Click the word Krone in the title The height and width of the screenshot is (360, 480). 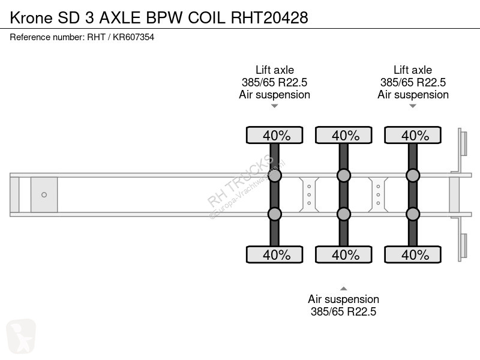coord(31,17)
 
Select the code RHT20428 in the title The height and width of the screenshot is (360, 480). coord(269,17)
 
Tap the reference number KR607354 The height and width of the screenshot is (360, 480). coord(133,37)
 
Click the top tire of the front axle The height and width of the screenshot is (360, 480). coord(275,135)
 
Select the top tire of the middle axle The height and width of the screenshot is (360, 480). coord(343,135)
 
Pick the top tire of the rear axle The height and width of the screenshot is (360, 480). coord(413,135)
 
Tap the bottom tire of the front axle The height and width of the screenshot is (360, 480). coord(275,254)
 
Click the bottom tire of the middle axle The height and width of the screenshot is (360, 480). coord(343,254)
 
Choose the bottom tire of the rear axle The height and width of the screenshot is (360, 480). coord(413,254)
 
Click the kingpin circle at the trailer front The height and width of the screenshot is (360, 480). coord(44,194)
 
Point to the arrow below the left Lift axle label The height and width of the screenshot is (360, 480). coord(275,106)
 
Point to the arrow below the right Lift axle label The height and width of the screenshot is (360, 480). coord(413,106)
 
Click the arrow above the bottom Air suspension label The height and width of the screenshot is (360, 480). coord(343,289)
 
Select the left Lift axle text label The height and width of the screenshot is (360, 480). coord(275,70)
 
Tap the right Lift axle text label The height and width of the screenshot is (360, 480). coord(413,70)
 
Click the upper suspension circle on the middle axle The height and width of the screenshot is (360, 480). coord(343,175)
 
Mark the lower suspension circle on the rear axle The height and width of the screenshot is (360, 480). coord(413,214)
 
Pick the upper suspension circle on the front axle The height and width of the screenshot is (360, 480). coord(275,175)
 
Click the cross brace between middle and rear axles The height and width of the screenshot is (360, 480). coord(378,194)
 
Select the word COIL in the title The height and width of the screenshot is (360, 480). coord(206,17)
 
